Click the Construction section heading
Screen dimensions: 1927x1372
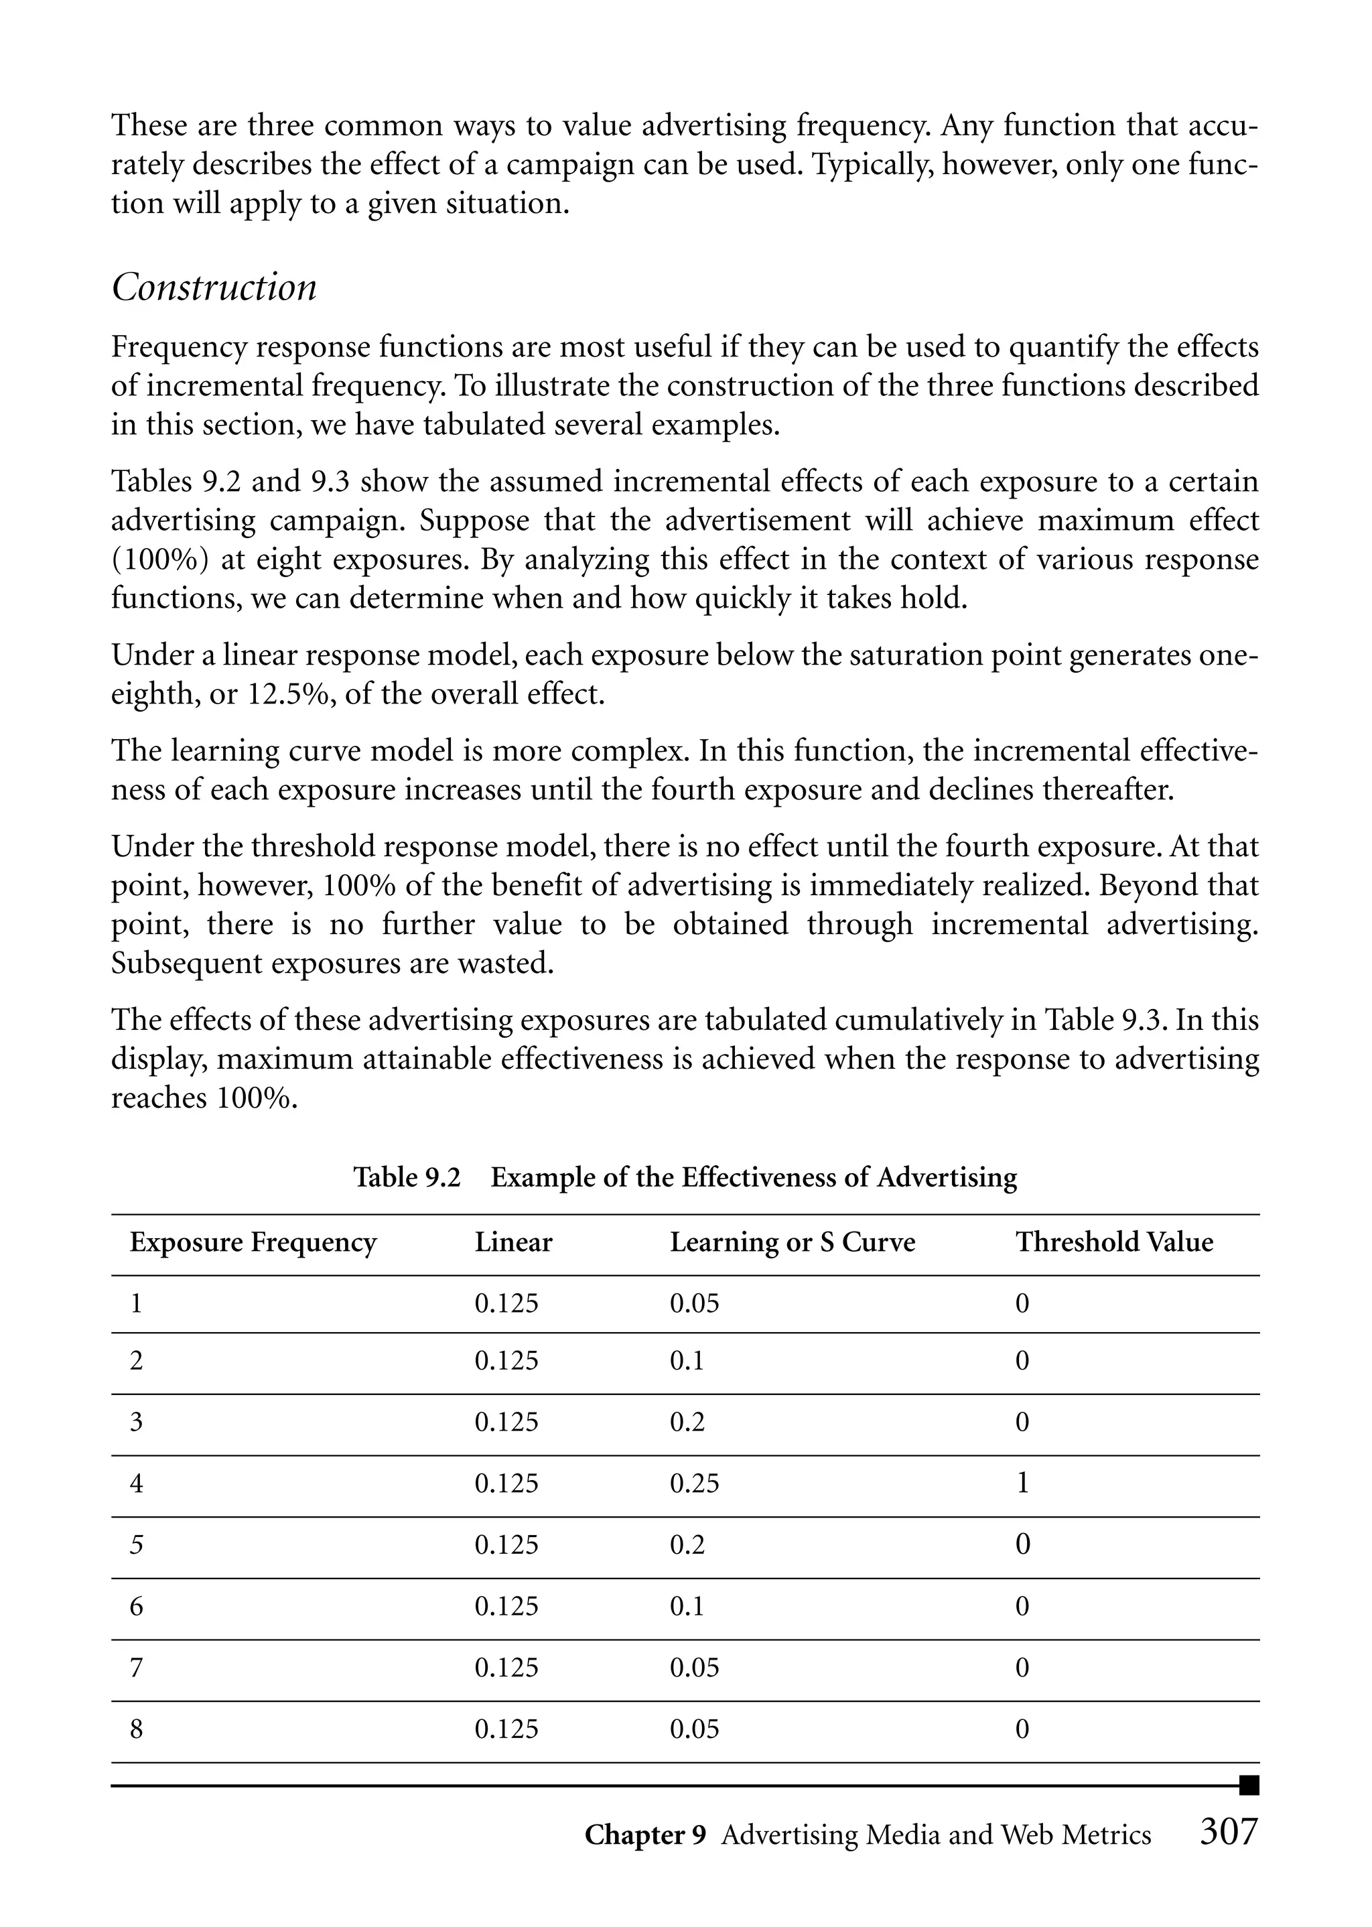(214, 288)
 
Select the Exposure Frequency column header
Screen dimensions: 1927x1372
(253, 1243)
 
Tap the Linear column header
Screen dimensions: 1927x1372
(512, 1243)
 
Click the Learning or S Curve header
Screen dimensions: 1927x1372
(792, 1243)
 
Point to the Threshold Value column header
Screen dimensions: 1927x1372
(1113, 1243)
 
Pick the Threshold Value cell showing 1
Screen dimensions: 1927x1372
(1022, 1483)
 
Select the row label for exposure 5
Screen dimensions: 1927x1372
(136, 1545)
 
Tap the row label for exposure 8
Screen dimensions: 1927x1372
(136, 1729)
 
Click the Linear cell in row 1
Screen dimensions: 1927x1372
(506, 1303)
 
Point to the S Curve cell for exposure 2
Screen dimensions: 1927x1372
(686, 1361)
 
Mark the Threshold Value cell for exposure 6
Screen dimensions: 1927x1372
(1022, 1606)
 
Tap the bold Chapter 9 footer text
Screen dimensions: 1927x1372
(644, 1835)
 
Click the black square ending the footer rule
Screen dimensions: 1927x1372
(1249, 1785)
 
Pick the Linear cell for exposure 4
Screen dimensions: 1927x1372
(506, 1483)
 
